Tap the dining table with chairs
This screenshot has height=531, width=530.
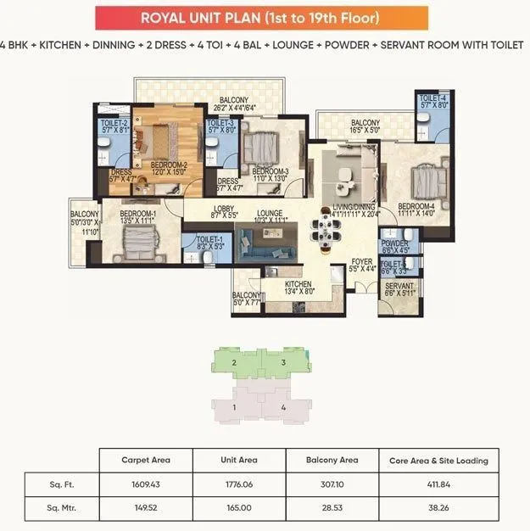pyautogui.click(x=324, y=231)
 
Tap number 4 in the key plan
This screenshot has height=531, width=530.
pyautogui.click(x=283, y=407)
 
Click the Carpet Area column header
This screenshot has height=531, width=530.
pyautogui.click(x=147, y=461)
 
